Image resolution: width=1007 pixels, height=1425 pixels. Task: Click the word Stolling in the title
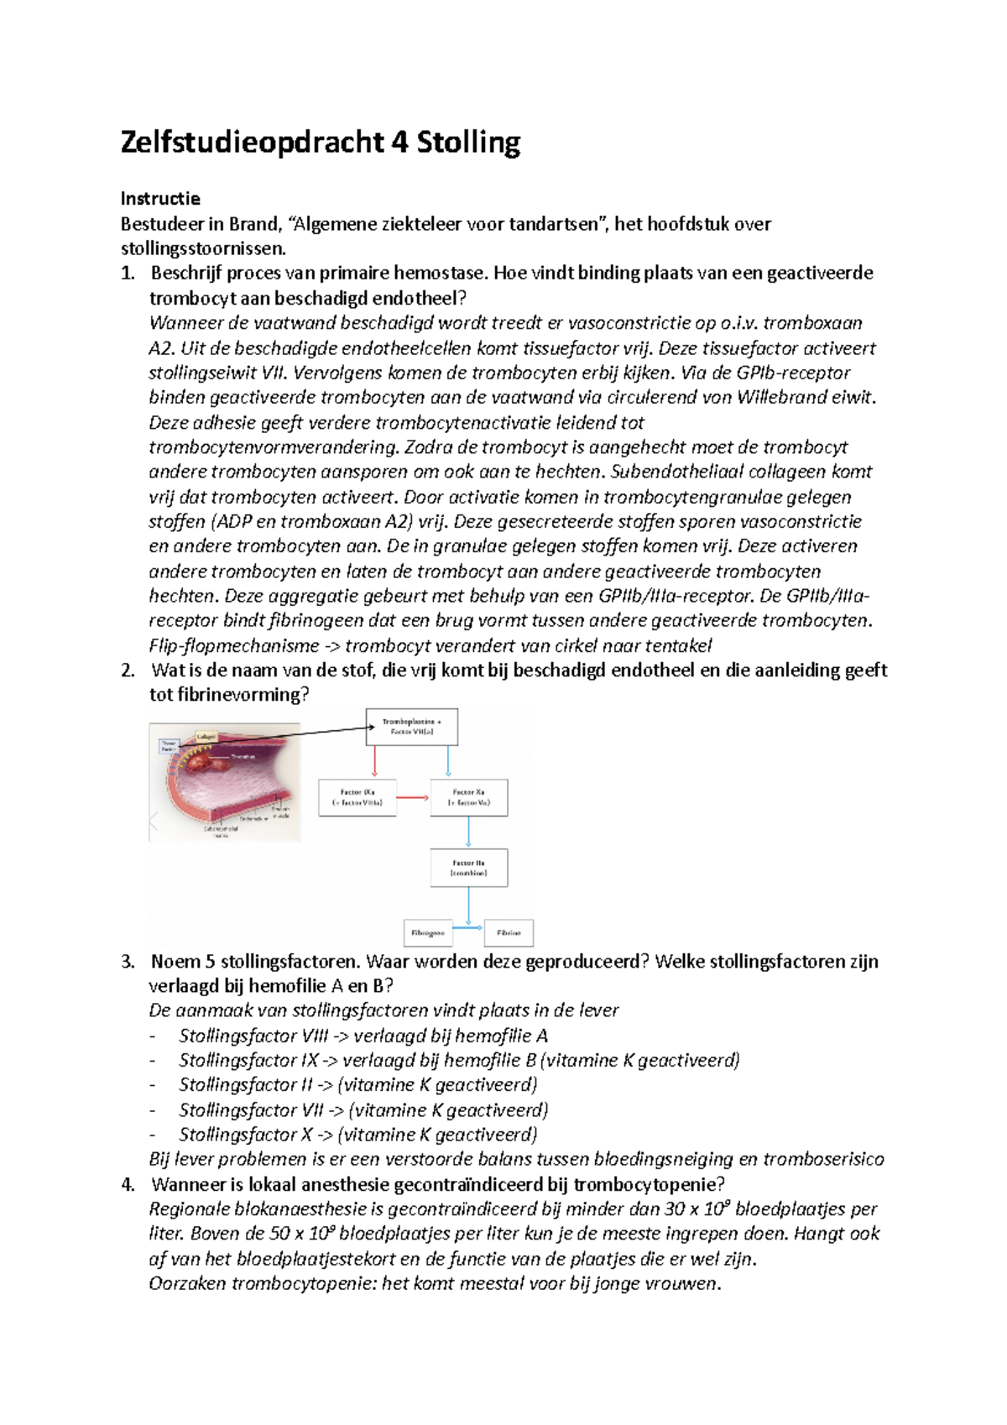coord(468,143)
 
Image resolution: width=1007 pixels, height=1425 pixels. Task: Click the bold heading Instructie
coord(160,199)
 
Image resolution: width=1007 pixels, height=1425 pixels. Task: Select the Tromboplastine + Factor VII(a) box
coord(411,727)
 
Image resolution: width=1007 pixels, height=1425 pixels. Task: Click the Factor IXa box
coord(357,797)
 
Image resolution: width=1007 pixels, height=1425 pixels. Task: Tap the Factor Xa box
coord(468,797)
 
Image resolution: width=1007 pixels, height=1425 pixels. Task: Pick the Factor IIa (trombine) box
coord(468,868)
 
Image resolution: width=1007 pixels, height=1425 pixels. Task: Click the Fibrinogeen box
coord(428,933)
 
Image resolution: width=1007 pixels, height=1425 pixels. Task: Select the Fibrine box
coord(509,933)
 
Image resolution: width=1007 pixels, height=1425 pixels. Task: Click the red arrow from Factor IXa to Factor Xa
coord(413,797)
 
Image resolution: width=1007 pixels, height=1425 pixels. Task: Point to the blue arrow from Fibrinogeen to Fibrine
coord(468,927)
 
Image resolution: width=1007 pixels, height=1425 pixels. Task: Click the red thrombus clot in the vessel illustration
coord(225,765)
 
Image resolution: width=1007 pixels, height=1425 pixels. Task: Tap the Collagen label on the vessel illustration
coord(206,737)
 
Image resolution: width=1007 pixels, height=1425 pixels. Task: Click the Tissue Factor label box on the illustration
coord(170,746)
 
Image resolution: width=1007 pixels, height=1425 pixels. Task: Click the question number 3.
coord(128,962)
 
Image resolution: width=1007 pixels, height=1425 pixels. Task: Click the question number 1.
coord(128,274)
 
